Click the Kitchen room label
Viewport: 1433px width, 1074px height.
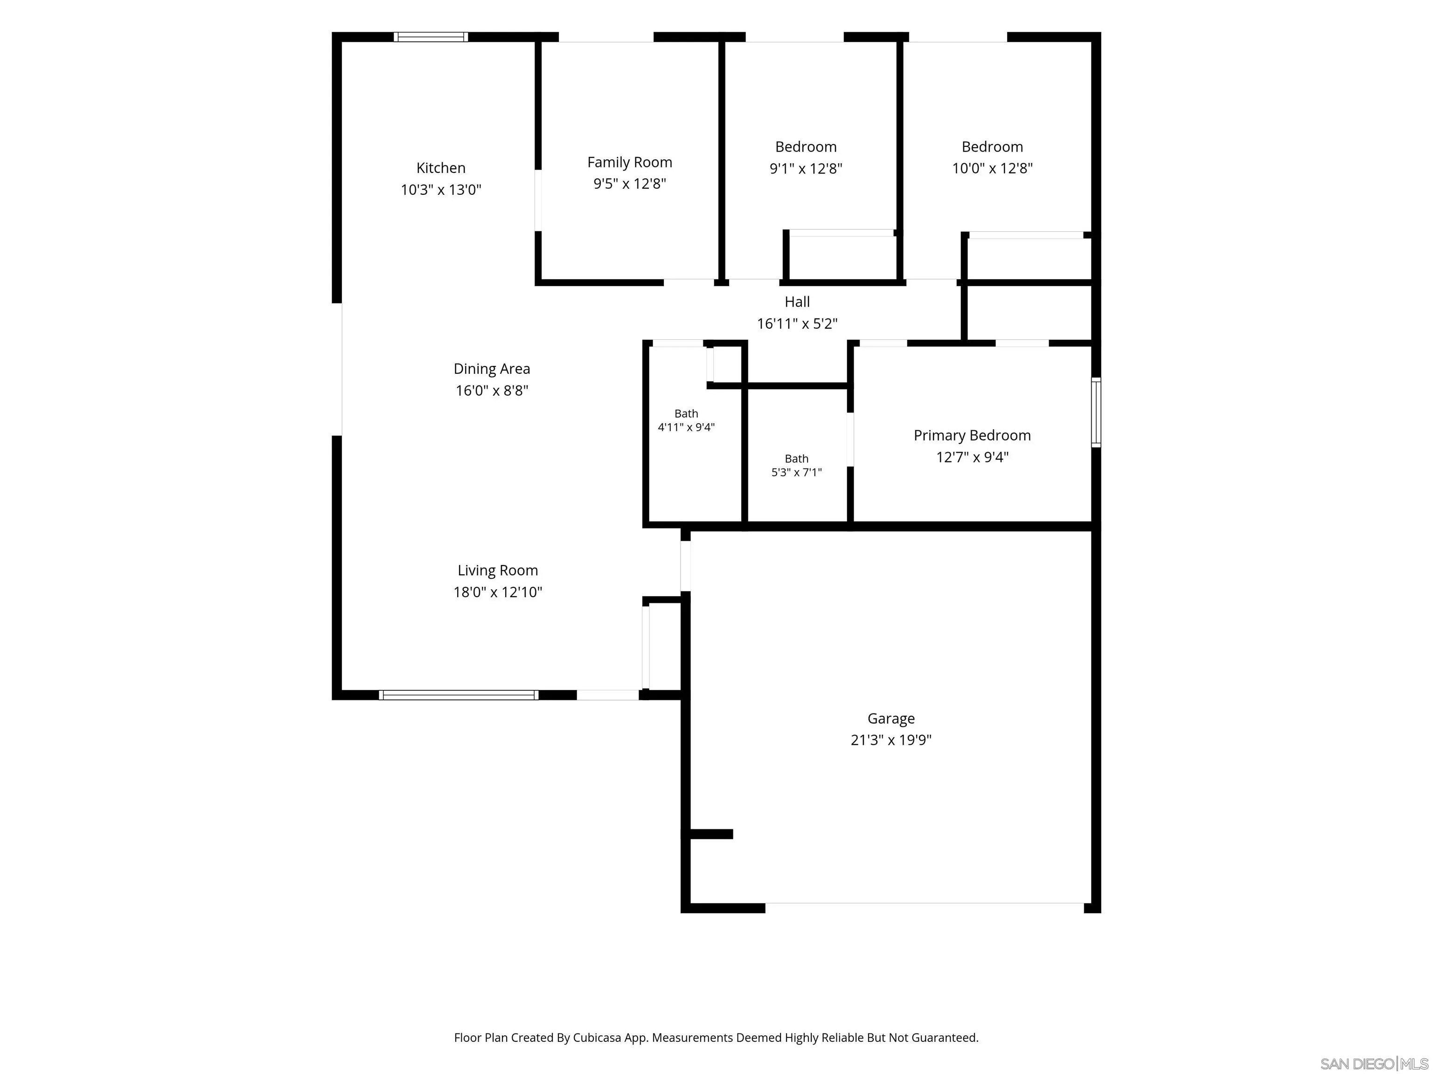[x=440, y=168]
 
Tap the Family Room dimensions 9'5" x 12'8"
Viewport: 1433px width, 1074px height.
[x=630, y=184]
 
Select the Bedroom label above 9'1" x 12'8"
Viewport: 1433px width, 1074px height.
[x=806, y=147]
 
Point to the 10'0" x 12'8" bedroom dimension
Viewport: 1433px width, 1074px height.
[x=992, y=168]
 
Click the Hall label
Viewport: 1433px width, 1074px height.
[x=797, y=302]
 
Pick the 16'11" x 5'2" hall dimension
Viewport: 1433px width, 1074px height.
[x=797, y=324]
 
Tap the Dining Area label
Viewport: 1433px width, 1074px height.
[x=492, y=369]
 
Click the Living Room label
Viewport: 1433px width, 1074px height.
[x=498, y=571]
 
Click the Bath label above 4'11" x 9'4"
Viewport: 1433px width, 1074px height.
[x=686, y=413]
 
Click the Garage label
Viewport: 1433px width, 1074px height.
[x=891, y=719]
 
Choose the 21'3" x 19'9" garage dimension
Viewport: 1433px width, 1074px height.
[x=891, y=740]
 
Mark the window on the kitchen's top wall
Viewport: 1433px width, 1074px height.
[x=431, y=37]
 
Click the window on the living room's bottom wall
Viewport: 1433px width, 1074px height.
[x=459, y=695]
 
